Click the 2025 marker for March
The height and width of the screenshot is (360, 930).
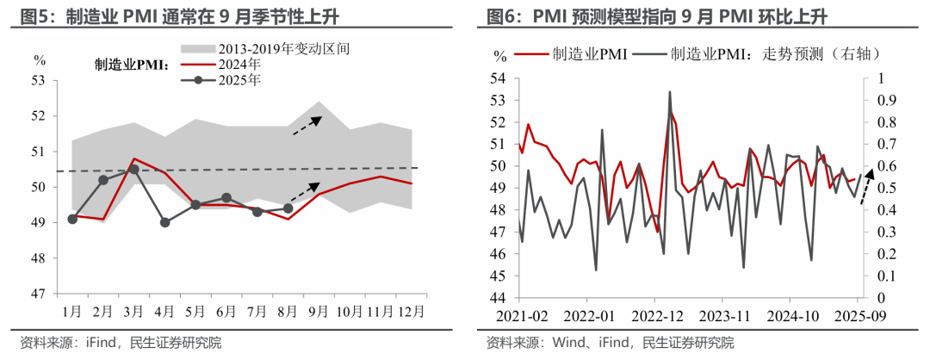pos(133,169)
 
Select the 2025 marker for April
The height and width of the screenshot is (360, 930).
pos(164,222)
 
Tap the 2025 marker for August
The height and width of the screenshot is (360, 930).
pos(288,208)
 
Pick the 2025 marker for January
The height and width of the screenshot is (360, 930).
pos(72,219)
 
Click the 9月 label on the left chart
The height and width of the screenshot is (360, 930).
pos(318,310)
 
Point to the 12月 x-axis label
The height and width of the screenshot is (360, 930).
pos(411,310)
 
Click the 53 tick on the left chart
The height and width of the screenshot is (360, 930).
pos(38,81)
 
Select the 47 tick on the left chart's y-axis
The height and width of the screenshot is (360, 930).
pos(38,294)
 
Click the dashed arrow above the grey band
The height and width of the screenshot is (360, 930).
pos(307,125)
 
